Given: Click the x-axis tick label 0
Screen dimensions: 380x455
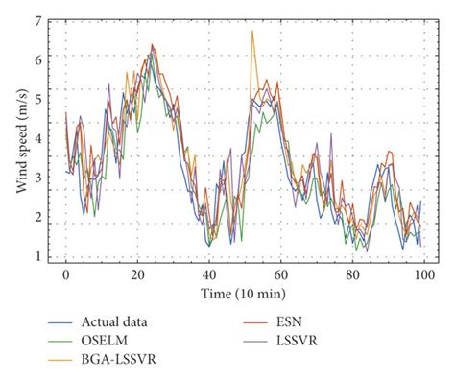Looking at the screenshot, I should [x=65, y=274].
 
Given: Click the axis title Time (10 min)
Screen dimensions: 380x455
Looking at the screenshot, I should [x=244, y=291].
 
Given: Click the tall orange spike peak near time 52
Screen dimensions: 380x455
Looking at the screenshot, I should [x=252, y=32].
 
